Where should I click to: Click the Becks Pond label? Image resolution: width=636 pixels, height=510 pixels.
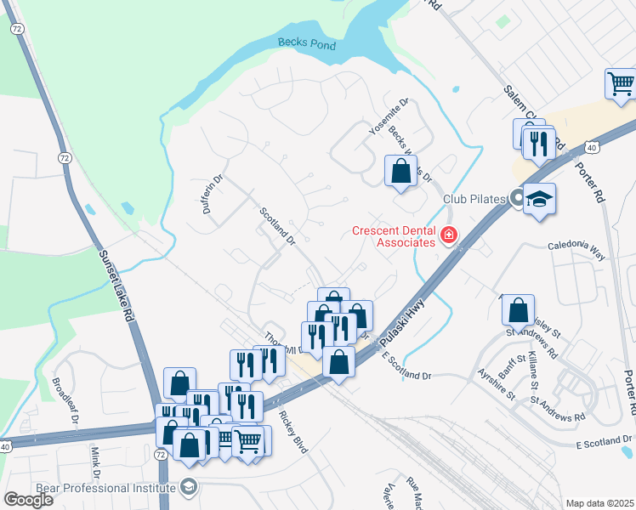(x=306, y=44)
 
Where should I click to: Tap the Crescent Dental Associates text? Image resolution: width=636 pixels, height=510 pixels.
(x=395, y=236)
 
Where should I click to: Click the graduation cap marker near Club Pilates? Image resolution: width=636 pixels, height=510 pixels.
(x=539, y=201)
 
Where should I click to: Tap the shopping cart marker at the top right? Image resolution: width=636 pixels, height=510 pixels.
(x=622, y=84)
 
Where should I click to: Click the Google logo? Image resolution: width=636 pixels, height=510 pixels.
(x=28, y=500)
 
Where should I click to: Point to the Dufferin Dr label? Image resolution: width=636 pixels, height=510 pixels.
(x=212, y=194)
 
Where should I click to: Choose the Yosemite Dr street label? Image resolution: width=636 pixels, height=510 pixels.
(x=389, y=116)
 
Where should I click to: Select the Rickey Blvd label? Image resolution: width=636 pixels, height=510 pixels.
(x=292, y=433)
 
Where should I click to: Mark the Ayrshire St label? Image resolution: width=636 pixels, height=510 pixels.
(x=497, y=383)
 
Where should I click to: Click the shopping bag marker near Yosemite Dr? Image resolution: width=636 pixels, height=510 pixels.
(x=400, y=170)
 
